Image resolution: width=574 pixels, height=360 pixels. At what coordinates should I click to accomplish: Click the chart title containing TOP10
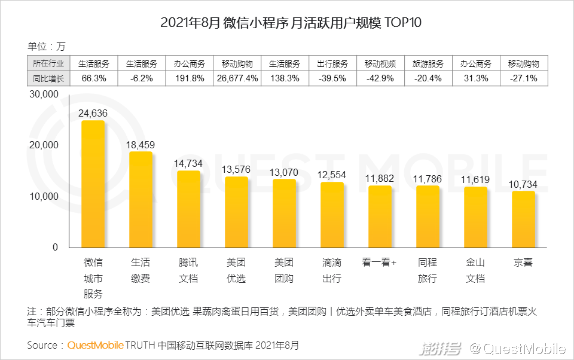tap(286, 23)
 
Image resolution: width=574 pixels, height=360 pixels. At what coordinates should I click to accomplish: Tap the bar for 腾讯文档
tap(189, 209)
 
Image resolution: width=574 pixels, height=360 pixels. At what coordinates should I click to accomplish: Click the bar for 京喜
tap(523, 219)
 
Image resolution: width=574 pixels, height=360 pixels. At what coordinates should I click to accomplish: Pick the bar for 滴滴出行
tap(332, 215)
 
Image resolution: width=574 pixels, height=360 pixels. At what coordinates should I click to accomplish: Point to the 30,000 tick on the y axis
tap(44, 94)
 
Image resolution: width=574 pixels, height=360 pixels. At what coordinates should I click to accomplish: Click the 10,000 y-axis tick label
tap(44, 197)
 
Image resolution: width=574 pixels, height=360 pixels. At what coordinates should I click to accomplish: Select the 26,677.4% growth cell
tap(237, 78)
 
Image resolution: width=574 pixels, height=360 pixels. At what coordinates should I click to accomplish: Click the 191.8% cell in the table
tap(190, 78)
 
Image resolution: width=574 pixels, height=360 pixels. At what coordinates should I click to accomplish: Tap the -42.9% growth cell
tap(380, 78)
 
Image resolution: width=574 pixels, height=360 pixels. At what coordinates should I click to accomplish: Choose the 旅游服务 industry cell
tap(428, 63)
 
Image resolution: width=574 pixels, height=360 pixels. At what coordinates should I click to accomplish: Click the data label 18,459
tap(141, 144)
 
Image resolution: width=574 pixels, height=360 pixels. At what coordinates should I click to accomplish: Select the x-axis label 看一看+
tap(380, 263)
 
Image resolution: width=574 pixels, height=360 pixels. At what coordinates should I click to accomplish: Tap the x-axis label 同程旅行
tap(428, 270)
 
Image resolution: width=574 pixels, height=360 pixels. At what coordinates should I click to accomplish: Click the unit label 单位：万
tap(47, 46)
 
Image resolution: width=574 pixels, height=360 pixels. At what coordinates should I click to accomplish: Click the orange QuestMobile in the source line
tap(95, 345)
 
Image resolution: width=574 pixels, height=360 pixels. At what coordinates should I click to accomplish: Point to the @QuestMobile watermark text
tap(517, 347)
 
